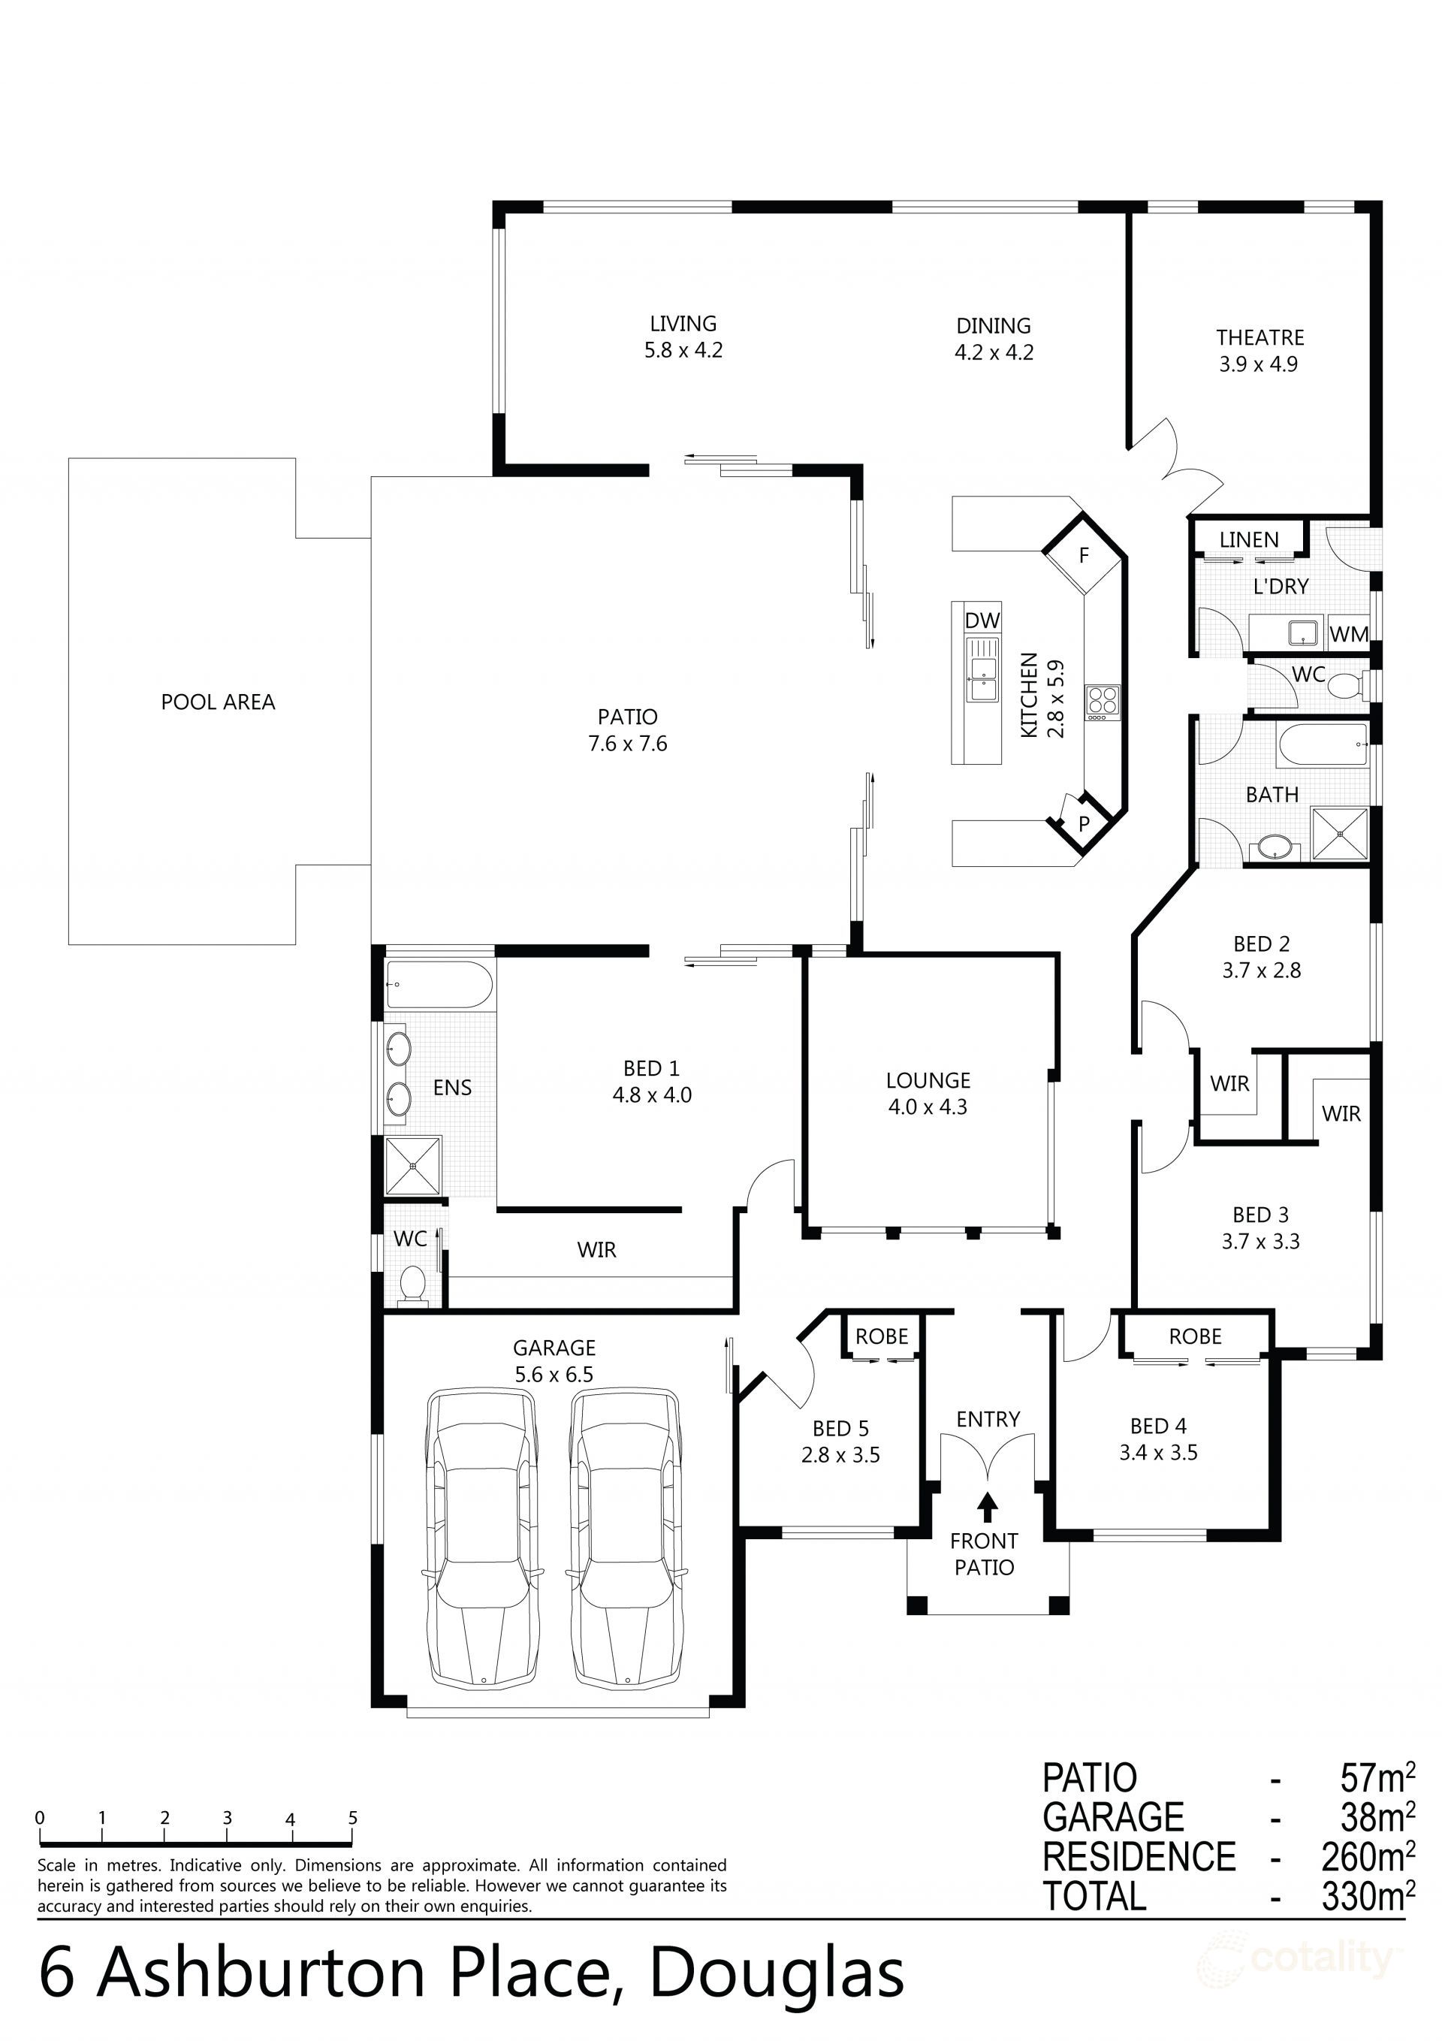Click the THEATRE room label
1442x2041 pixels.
coord(1259,338)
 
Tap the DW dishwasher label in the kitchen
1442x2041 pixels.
coord(982,620)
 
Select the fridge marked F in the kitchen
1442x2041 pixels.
coord(1084,556)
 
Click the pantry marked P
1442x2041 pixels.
coord(1084,824)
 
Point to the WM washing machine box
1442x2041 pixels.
coord(1349,635)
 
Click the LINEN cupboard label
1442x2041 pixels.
coord(1248,539)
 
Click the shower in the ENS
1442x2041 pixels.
coord(412,1165)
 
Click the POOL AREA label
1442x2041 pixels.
coord(218,702)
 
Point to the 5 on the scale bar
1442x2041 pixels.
coord(353,1818)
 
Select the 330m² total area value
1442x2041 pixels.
coord(1368,1897)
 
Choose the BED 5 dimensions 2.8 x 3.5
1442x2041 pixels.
coord(840,1455)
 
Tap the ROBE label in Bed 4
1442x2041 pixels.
coord(1195,1336)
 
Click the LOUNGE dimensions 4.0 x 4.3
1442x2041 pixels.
coord(928,1107)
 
